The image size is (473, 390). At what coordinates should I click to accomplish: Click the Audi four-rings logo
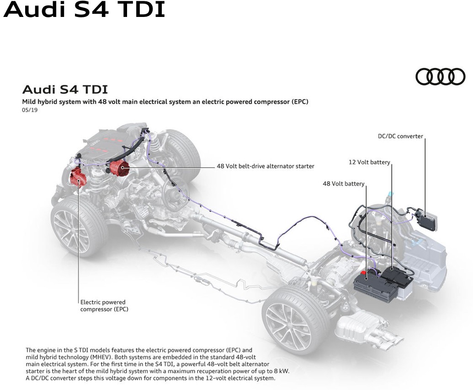(440, 76)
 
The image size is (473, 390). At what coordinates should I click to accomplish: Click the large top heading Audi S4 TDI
(84, 9)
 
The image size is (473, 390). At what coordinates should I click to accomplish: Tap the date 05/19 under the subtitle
(30, 110)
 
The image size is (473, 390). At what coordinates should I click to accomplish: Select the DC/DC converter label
(400, 136)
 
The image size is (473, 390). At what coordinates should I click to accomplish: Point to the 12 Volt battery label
(369, 162)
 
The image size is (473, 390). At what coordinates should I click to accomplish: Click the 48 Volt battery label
(344, 184)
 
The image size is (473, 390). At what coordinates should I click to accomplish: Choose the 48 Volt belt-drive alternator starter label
(266, 166)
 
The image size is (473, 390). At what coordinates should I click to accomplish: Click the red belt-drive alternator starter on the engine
(119, 168)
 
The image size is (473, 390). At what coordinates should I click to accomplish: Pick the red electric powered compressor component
(78, 178)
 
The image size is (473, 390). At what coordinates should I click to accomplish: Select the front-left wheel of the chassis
(79, 226)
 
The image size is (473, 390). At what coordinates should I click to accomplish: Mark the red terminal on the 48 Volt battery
(364, 272)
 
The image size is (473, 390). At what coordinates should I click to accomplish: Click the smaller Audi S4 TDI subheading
(65, 89)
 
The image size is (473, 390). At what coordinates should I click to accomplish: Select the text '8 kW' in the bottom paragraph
(281, 371)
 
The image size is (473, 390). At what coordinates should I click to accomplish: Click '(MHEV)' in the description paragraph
(101, 357)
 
